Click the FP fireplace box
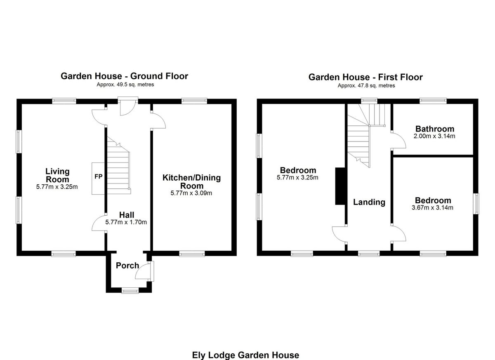(x=98, y=177)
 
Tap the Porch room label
(x=127, y=266)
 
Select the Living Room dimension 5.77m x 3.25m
(x=57, y=187)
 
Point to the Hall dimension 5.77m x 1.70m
(x=126, y=222)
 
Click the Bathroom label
(x=435, y=129)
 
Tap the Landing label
(x=369, y=202)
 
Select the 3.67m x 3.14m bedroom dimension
(x=432, y=208)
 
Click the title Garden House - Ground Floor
(x=124, y=76)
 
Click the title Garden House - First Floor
(x=365, y=77)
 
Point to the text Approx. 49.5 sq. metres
(x=124, y=85)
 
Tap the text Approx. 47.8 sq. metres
(x=366, y=86)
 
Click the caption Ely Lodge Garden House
(x=245, y=355)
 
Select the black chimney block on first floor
(x=340, y=186)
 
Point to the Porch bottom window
(x=130, y=291)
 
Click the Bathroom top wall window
(x=433, y=100)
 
